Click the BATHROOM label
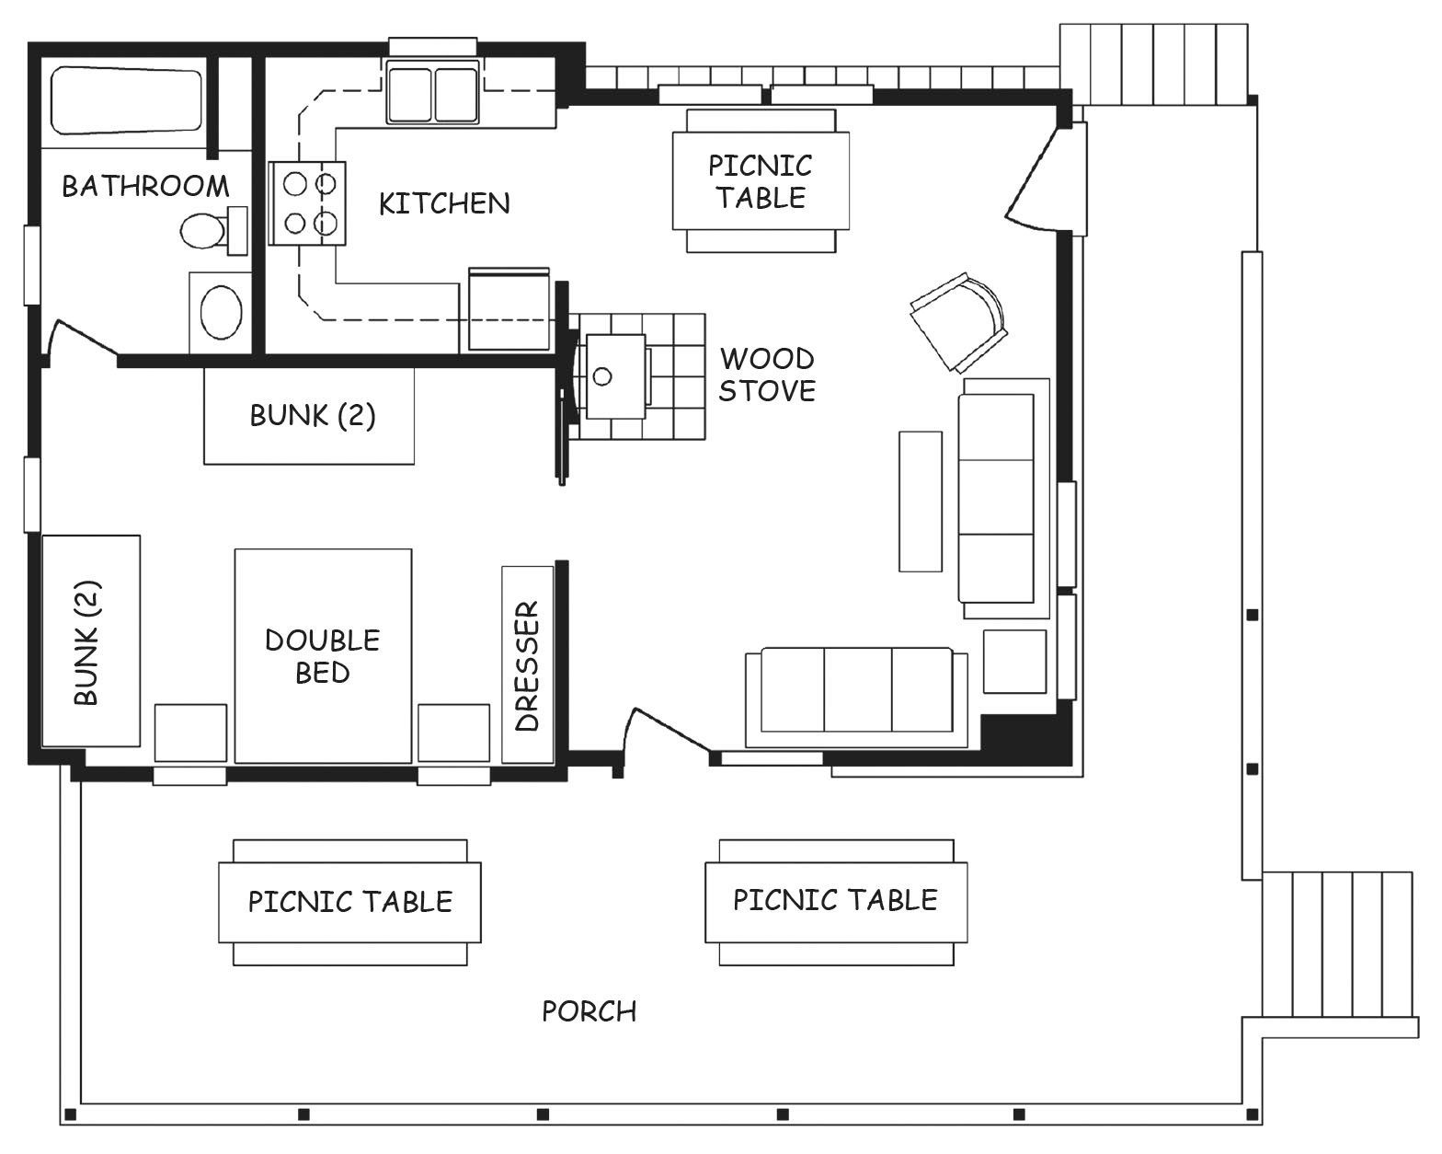[145, 186]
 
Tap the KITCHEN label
[444, 203]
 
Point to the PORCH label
[589, 1012]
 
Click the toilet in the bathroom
[213, 231]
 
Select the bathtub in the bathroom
[126, 100]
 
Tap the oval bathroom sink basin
[221, 313]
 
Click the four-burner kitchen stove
[307, 203]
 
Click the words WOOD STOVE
[767, 375]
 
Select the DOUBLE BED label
[322, 656]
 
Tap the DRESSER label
[527, 666]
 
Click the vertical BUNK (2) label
[86, 642]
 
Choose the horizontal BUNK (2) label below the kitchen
[313, 416]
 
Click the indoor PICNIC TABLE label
[761, 181]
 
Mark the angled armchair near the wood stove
[959, 322]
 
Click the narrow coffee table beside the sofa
[921, 502]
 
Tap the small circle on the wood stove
[602, 376]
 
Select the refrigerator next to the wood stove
[509, 309]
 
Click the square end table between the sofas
[1014, 661]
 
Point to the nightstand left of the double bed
[190, 733]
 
